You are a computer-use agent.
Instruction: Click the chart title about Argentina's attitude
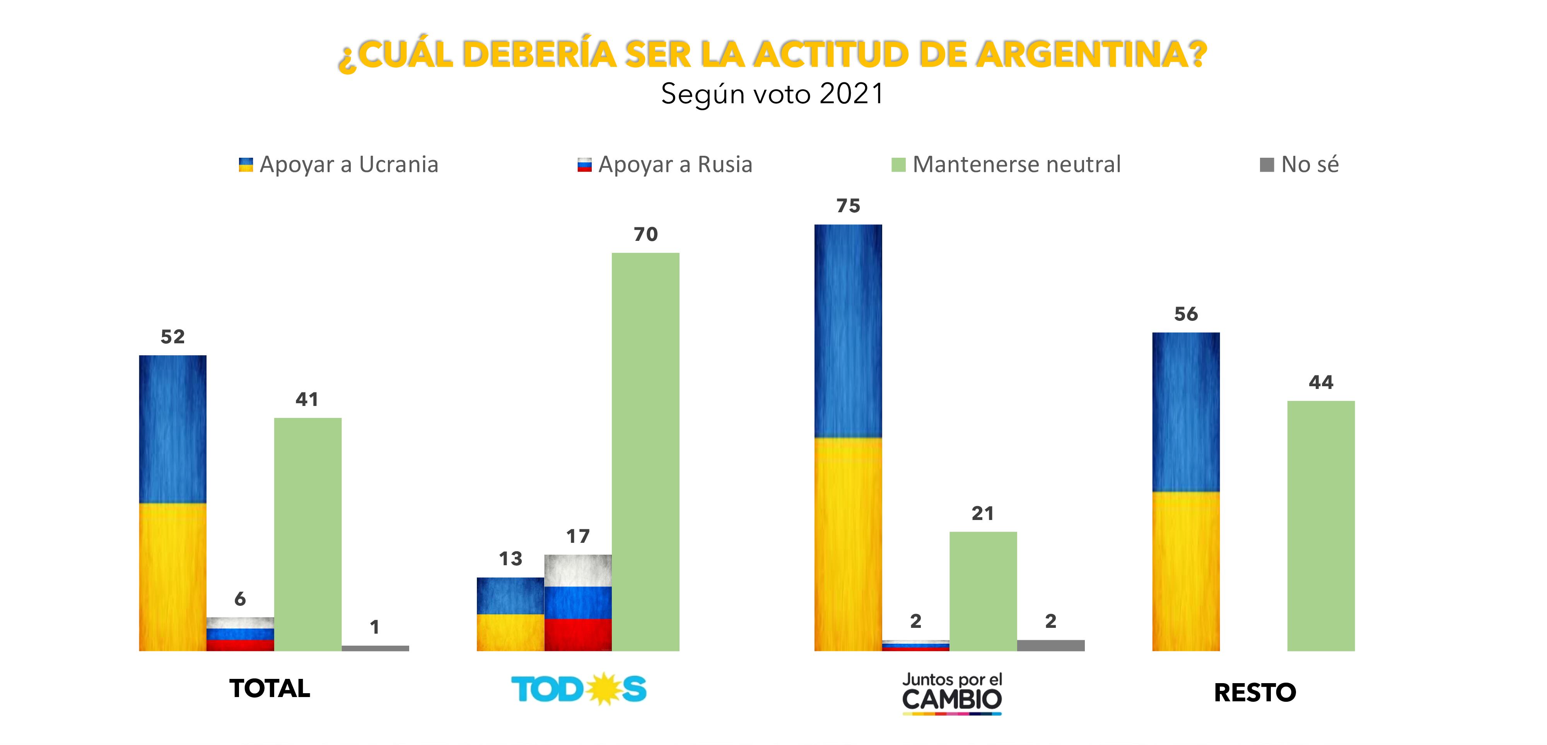772,55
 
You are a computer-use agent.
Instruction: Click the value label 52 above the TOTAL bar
172,337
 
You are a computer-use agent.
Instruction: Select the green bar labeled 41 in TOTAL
307,534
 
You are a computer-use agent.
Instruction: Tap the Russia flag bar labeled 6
240,634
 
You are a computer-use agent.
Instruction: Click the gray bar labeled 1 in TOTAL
375,648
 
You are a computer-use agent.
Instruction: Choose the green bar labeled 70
645,452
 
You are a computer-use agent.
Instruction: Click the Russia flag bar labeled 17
578,603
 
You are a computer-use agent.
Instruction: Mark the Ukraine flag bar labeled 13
511,614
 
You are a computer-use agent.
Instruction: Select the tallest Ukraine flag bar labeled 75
848,438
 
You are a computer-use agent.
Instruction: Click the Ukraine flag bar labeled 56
1186,492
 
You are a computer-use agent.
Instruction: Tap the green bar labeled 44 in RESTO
1321,526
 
